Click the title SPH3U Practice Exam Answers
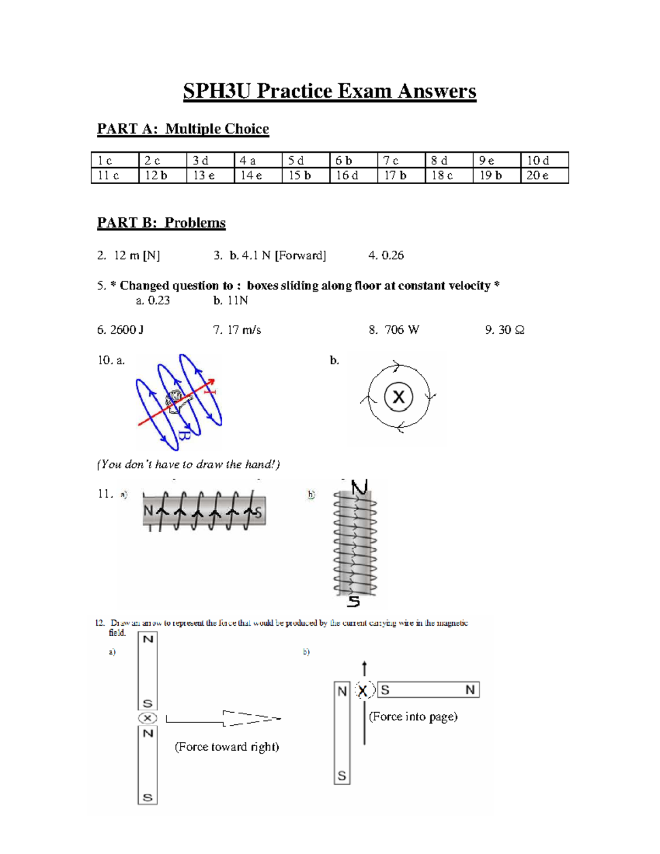tap(329, 91)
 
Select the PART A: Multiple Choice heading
tap(183, 129)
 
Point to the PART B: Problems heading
tap(161, 223)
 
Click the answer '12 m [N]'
tap(136, 255)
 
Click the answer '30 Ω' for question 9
tap(511, 330)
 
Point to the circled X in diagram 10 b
tap(399, 396)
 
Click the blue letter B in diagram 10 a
tap(184, 436)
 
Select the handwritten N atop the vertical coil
tap(359, 487)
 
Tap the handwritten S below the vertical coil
tap(354, 602)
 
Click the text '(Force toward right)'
tap(227, 747)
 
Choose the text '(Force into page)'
tap(413, 717)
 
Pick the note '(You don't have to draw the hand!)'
tap(189, 465)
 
